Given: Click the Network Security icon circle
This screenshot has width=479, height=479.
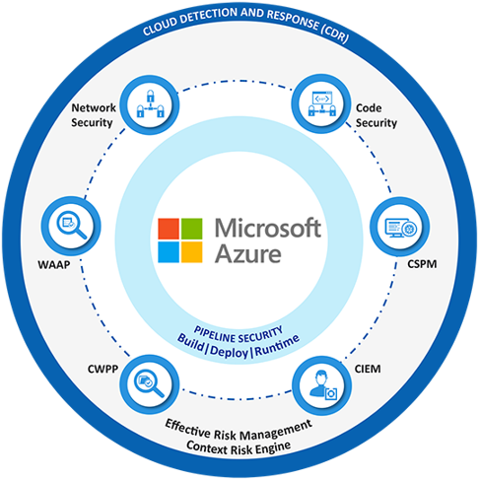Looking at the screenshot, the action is pyautogui.click(x=150, y=105).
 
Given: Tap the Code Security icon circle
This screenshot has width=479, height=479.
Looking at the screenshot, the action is pyautogui.click(x=321, y=103).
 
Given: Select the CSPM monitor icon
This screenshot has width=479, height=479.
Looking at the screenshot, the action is pyautogui.click(x=401, y=228).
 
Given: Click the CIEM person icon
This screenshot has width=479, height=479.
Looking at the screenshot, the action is pyautogui.click(x=323, y=385).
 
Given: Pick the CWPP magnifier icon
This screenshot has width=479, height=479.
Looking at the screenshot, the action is pyautogui.click(x=149, y=383).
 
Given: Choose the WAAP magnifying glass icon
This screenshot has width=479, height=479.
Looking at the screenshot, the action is pyautogui.click(x=71, y=225).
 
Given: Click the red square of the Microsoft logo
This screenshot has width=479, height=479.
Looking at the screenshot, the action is pyautogui.click(x=169, y=229).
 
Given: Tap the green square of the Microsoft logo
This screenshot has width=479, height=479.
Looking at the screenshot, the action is pyautogui.click(x=192, y=229).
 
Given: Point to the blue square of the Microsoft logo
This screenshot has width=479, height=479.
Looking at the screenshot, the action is pyautogui.click(x=169, y=252).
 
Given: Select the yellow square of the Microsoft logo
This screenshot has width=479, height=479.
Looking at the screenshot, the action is pyautogui.click(x=192, y=252).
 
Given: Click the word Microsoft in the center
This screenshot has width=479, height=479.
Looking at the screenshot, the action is pyautogui.click(x=268, y=228).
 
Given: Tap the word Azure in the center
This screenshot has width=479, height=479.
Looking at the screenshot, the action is pyautogui.click(x=248, y=253).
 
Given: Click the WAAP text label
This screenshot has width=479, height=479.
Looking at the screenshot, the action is pyautogui.click(x=54, y=265).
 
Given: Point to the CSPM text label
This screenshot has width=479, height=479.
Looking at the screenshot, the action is pyautogui.click(x=422, y=264).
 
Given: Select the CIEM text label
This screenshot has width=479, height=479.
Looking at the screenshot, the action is pyautogui.click(x=368, y=369).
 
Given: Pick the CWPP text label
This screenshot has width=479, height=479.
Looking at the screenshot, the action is pyautogui.click(x=103, y=369).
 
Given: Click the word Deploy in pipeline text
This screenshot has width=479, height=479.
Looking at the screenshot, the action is pyautogui.click(x=229, y=352).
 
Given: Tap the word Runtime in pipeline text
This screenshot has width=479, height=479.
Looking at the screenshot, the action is pyautogui.click(x=277, y=345).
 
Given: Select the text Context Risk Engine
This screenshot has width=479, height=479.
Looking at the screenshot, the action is pyautogui.click(x=239, y=448).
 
